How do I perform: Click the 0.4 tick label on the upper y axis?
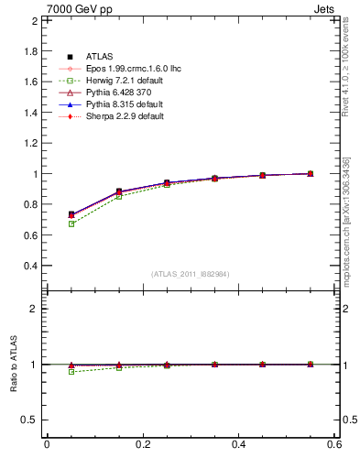click(30, 266)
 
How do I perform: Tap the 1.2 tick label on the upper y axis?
click(30, 143)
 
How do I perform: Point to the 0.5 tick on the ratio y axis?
click(30, 420)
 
